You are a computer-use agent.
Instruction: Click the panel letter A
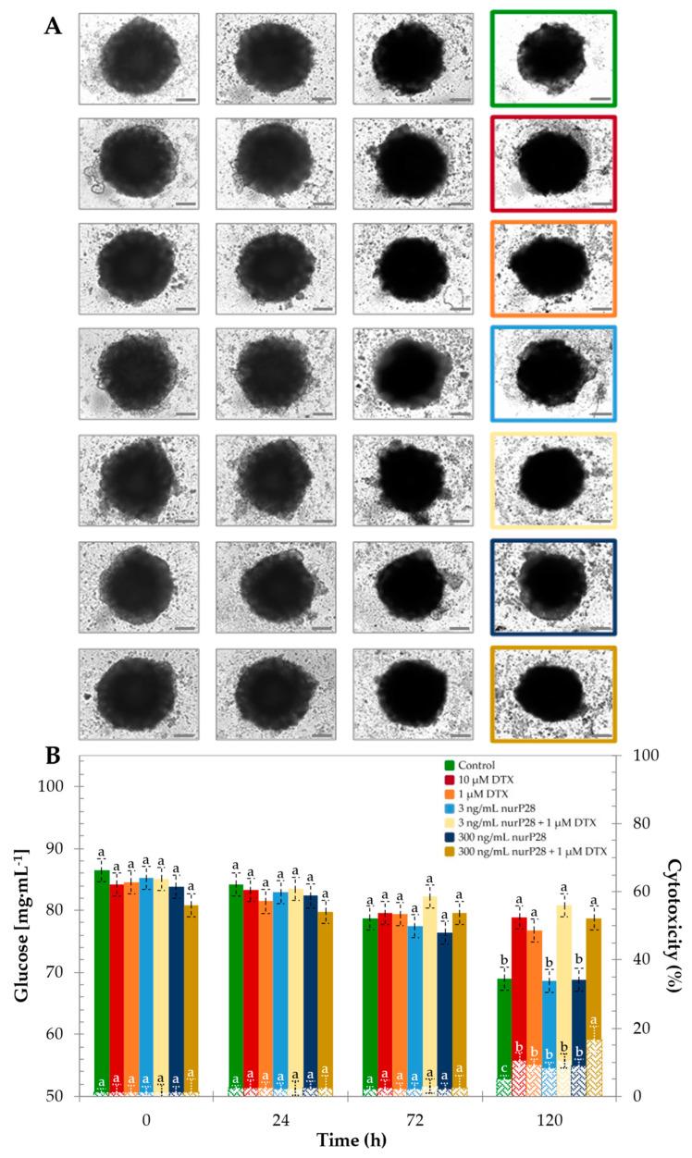tap(54, 25)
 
